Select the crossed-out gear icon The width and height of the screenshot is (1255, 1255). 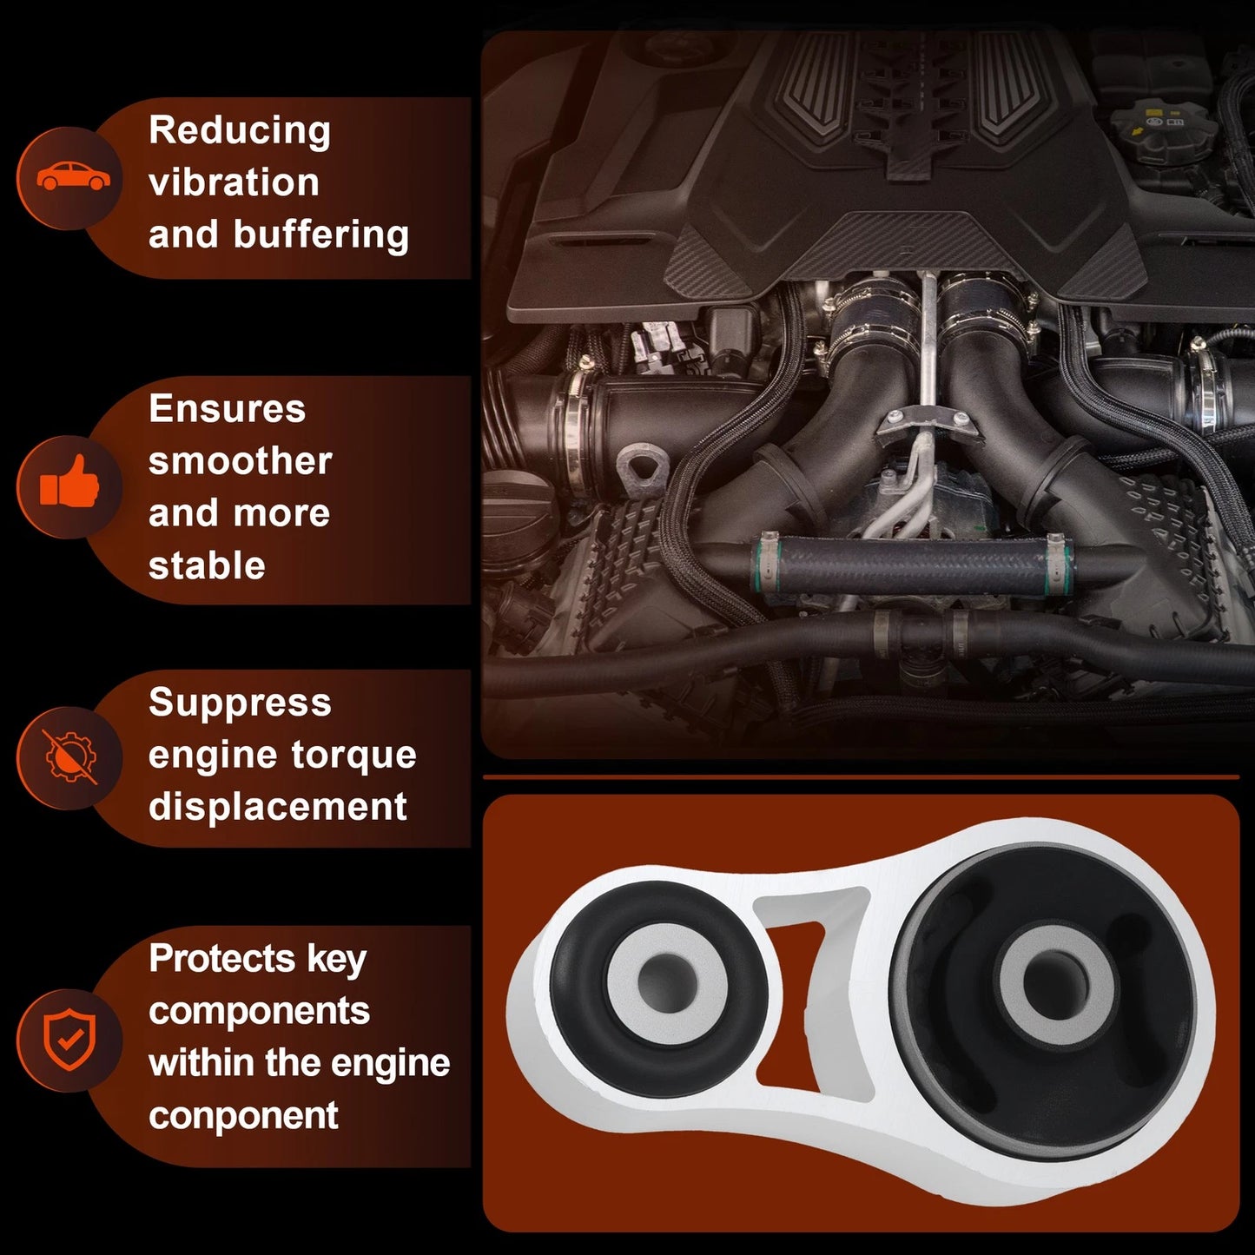click(70, 757)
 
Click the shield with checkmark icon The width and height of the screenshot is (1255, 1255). click(69, 1040)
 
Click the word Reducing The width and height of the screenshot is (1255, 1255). click(240, 131)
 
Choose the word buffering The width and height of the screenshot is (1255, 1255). click(321, 235)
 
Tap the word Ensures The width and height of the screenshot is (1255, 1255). click(228, 409)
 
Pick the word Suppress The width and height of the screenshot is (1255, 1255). click(240, 704)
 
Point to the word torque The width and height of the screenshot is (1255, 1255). click(353, 756)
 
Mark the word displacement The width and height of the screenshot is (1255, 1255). click(278, 808)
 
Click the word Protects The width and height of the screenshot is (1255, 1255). click(222, 959)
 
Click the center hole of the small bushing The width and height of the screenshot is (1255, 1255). click(665, 981)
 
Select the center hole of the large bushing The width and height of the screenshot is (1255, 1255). click(1054, 983)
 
